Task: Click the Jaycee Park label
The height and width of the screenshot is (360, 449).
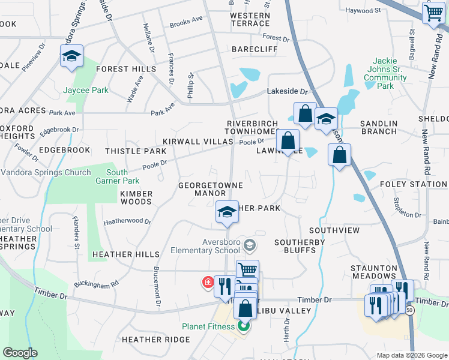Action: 86,91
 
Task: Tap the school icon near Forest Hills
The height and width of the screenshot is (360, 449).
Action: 71,56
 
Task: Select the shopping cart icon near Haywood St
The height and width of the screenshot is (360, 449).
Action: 433,13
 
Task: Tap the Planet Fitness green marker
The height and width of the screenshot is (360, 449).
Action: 244,327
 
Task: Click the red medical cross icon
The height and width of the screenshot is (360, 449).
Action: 208,281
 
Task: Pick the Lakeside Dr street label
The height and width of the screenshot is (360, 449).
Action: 287,92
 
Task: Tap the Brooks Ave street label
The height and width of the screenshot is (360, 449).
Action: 186,22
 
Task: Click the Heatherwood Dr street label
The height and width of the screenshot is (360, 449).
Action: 127,221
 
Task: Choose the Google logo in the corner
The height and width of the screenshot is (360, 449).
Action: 20,353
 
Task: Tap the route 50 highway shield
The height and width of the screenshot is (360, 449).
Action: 409,310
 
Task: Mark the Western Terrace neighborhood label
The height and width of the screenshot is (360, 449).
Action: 249,19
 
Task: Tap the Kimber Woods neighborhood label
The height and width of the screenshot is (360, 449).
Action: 136,198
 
